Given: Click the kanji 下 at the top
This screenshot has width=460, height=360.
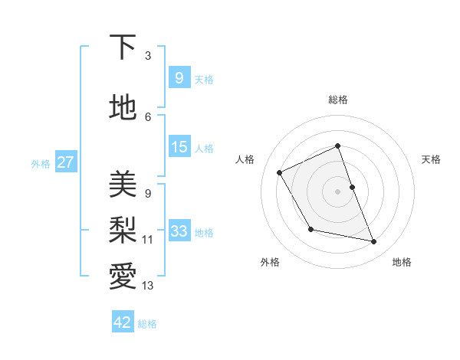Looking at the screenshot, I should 123,47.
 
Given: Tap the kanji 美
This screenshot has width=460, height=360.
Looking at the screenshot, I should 123,185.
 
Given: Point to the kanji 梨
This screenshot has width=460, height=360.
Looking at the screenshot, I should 123,229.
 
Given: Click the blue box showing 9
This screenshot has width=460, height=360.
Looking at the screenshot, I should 179,78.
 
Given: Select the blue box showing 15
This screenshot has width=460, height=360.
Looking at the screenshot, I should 179,147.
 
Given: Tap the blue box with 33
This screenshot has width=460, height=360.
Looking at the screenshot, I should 179,231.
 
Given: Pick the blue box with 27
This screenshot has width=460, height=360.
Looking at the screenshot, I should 66,162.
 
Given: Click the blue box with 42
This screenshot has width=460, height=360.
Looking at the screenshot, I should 123,322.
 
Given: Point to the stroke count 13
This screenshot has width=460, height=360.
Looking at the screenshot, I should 148,286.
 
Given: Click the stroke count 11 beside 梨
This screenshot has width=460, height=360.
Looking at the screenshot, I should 148,239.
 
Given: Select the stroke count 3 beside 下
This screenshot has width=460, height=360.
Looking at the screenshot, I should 148,56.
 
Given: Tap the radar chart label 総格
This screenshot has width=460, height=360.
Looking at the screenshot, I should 338,100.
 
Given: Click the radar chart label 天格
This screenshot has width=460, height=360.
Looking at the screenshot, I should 431,159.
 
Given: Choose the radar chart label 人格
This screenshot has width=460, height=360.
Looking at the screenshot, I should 245,159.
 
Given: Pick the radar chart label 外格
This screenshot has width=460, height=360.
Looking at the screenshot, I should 270,262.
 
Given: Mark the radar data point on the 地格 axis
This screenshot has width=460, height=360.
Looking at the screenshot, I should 374,242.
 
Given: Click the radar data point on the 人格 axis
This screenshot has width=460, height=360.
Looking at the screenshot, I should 280,172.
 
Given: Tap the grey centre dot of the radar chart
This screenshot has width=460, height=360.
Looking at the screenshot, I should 337,191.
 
